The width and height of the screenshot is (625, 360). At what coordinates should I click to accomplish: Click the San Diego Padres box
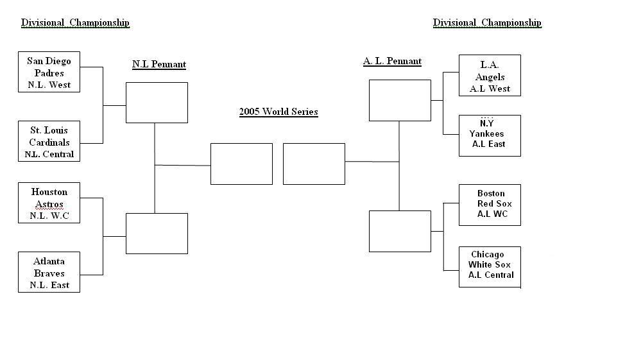click(x=49, y=72)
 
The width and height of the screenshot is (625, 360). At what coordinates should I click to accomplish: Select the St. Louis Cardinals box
click(x=49, y=141)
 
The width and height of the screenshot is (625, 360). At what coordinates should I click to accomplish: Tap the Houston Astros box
click(x=49, y=203)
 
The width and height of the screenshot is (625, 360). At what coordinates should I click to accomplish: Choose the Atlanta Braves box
click(x=49, y=272)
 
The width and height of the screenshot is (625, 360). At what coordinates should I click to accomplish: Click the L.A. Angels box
click(x=490, y=75)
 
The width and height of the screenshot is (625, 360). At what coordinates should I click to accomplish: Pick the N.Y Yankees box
click(x=490, y=135)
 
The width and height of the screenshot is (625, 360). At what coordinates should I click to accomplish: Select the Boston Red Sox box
click(x=490, y=205)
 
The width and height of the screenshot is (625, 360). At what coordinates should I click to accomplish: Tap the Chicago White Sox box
click(x=490, y=267)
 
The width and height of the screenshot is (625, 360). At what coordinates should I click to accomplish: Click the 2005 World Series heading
click(x=278, y=112)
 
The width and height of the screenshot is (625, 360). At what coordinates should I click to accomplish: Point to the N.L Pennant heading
click(x=159, y=65)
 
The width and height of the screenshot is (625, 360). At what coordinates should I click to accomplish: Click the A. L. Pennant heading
click(x=392, y=62)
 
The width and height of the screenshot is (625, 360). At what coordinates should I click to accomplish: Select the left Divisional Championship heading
click(x=75, y=22)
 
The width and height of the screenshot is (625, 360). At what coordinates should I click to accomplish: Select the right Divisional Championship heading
click(x=487, y=22)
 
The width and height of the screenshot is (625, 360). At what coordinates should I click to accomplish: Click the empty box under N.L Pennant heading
click(x=157, y=103)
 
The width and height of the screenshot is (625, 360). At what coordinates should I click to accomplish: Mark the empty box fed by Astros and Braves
click(x=157, y=234)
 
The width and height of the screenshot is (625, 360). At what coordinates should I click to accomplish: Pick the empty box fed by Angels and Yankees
click(x=400, y=101)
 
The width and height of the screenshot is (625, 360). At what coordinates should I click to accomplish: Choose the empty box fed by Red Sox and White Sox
click(x=400, y=231)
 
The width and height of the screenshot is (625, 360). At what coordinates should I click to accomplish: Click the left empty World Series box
click(x=241, y=164)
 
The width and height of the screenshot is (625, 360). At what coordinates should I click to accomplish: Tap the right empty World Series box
click(x=314, y=164)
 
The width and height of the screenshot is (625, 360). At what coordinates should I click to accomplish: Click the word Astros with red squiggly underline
click(x=49, y=205)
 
